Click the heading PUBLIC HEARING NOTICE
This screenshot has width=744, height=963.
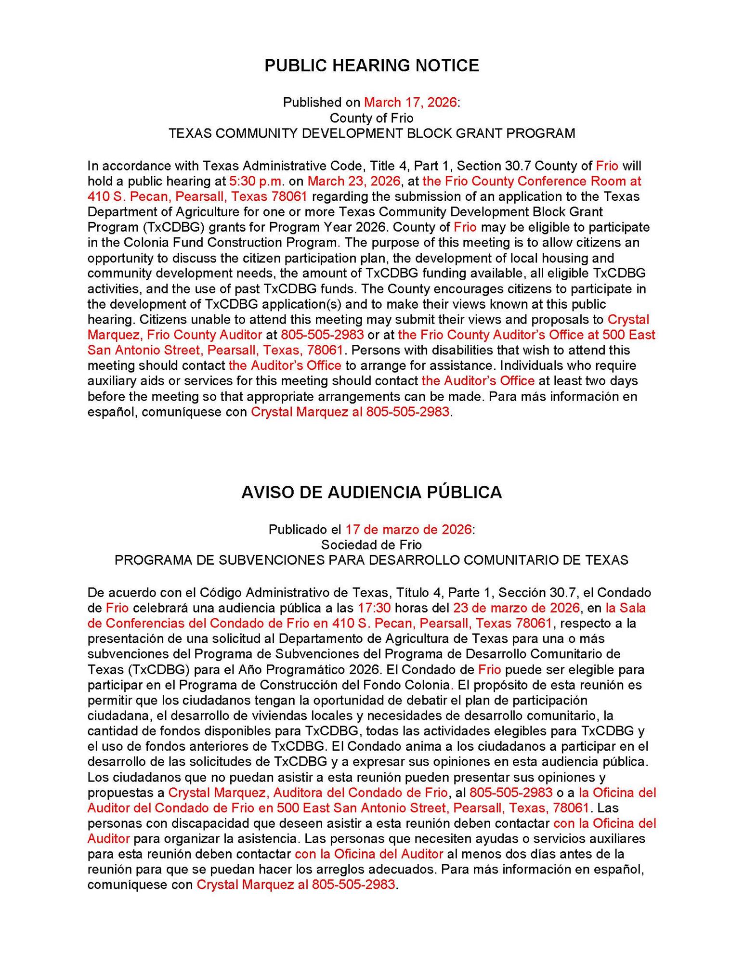click(x=371, y=65)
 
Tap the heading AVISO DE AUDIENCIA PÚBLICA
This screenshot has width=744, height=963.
click(x=371, y=492)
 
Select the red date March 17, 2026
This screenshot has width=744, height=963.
click(x=410, y=102)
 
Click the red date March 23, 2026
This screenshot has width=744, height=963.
click(x=354, y=181)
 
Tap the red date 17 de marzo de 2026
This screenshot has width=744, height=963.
click(x=408, y=529)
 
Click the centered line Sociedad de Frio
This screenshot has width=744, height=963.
click(x=371, y=545)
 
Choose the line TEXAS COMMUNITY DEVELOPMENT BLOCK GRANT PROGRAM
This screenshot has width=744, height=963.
click(x=371, y=133)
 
